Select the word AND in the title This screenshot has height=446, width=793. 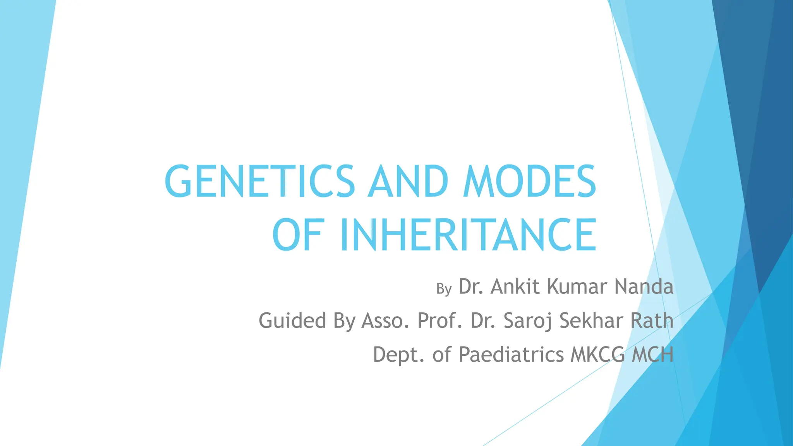click(x=408, y=181)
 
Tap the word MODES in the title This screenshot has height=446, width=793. click(x=529, y=181)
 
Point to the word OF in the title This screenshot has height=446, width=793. click(x=297, y=235)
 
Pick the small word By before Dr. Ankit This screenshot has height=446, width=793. click(x=444, y=289)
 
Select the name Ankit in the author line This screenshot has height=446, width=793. click(x=515, y=286)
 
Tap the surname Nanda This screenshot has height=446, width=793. click(x=644, y=286)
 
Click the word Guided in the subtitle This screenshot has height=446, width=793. click(x=292, y=321)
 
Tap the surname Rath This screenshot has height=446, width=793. click(x=652, y=321)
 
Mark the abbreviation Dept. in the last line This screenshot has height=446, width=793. click(x=399, y=355)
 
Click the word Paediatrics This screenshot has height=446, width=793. click(x=511, y=355)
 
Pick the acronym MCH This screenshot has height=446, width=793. click(x=652, y=355)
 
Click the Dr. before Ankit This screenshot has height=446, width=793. click(x=471, y=286)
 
